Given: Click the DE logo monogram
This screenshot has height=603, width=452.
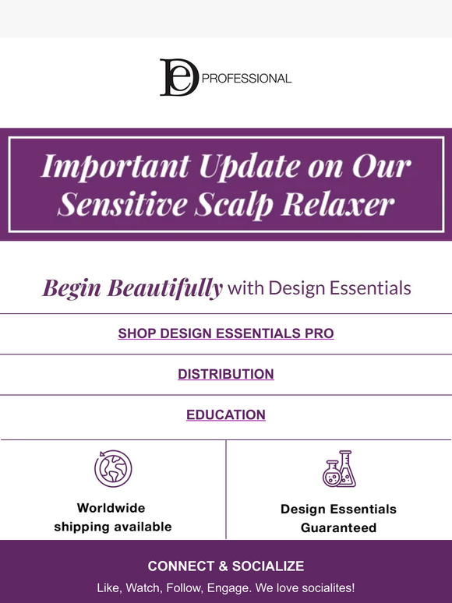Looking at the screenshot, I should point(179,77).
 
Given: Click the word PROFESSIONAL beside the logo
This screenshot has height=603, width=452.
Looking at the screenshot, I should point(246,79).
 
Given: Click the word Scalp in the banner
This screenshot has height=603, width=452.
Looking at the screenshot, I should point(242,203).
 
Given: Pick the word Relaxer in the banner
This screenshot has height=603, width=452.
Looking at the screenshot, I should point(344,203).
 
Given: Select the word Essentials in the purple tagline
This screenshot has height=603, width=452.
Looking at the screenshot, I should point(372,289).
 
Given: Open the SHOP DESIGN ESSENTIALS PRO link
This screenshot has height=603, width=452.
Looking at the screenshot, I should point(226,333).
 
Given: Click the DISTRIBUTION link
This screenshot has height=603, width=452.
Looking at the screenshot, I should point(226,374).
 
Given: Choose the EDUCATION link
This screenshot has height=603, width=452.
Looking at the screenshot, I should point(226,414).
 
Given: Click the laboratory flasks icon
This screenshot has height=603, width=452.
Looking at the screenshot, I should point(339,469).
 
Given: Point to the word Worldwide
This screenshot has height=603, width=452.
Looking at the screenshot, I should point(111,508).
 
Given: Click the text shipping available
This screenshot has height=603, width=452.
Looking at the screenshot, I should point(113,527).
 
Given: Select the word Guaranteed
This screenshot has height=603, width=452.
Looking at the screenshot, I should point(339,527).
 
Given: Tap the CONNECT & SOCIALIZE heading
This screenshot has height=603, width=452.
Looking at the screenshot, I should point(226,566).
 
